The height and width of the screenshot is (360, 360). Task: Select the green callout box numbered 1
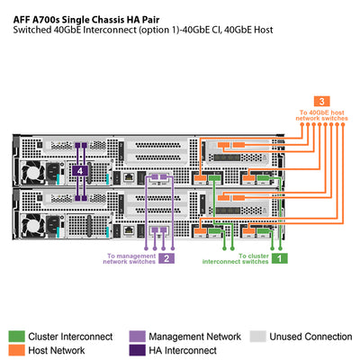[x=280, y=257]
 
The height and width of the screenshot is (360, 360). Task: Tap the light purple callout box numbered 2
[x=166, y=258]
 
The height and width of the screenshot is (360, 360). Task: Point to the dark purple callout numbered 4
[x=81, y=169]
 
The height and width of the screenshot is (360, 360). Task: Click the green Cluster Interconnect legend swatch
[x=17, y=336]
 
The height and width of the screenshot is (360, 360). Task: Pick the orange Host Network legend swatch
[x=17, y=350]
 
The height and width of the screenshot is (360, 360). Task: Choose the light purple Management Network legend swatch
[x=137, y=336]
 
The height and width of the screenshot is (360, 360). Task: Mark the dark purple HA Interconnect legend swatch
[x=137, y=350]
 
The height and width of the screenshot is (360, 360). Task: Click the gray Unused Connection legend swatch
[x=257, y=336]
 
